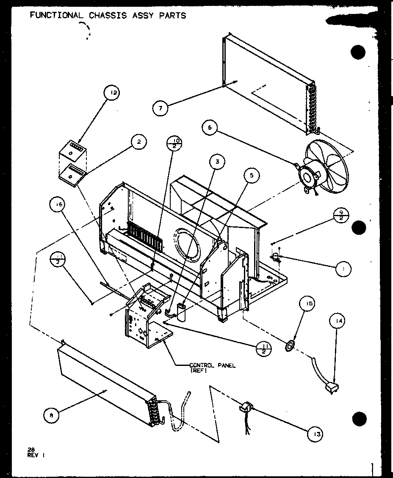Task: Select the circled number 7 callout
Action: (160, 108)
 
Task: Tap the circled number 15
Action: (308, 304)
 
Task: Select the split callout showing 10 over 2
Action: (175, 143)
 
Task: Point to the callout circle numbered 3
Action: (217, 162)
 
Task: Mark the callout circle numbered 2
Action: (138, 142)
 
